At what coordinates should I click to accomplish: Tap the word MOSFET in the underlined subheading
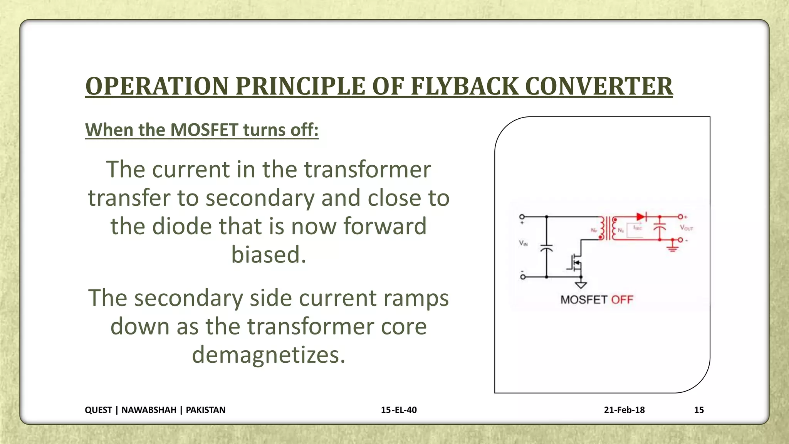204,129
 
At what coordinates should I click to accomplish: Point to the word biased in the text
269,254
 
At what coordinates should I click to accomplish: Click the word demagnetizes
269,355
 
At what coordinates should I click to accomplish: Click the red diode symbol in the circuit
641,217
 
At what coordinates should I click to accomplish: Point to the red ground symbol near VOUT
673,247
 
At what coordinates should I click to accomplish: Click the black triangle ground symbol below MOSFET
581,285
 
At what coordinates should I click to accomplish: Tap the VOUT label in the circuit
687,228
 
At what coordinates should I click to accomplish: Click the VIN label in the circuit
523,243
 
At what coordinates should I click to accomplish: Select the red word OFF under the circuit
622,299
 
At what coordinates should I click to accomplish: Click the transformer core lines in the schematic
608,228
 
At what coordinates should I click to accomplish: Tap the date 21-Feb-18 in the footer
624,410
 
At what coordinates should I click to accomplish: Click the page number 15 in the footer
699,410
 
